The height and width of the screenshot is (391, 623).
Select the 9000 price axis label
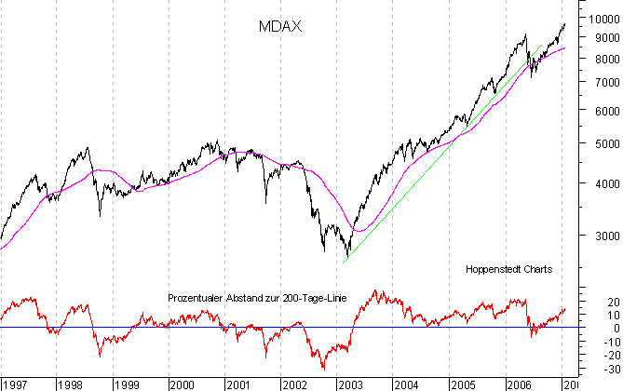599,38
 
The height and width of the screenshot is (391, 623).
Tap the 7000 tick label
599,82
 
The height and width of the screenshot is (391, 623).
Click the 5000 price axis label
599,143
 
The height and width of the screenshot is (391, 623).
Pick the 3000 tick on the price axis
599,236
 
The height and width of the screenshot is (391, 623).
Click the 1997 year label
16,384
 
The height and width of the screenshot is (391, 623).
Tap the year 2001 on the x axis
238,384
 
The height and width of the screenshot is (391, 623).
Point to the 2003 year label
350,384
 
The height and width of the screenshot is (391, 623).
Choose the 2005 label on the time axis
462,384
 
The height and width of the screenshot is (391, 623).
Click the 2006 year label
518,384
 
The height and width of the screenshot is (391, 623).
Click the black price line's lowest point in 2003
346,257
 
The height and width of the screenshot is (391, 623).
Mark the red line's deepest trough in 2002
323,370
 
